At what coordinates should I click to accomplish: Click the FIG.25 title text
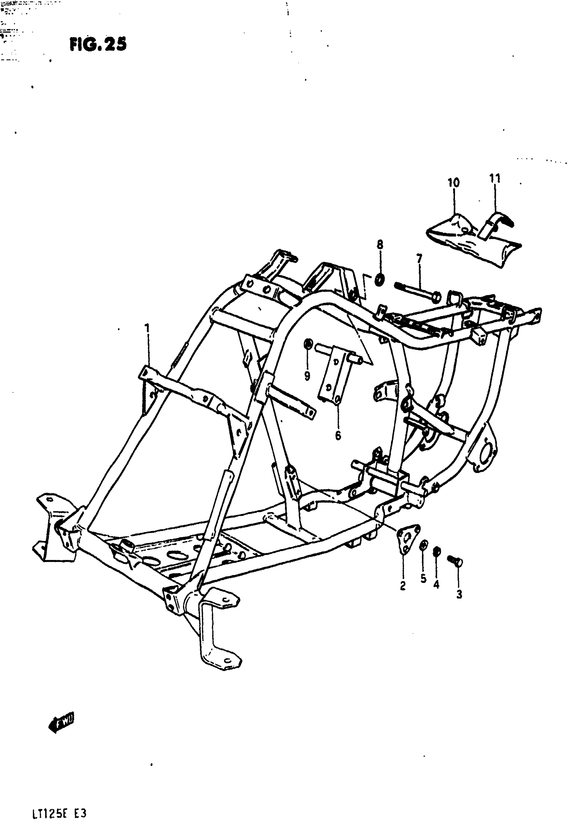coord(98,45)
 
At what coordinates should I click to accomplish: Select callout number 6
coord(337,436)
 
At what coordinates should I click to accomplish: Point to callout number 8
coord(380,245)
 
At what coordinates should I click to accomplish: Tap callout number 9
coord(307,376)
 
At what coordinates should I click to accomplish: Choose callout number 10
coord(453,183)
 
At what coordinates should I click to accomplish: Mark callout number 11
coord(494,178)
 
